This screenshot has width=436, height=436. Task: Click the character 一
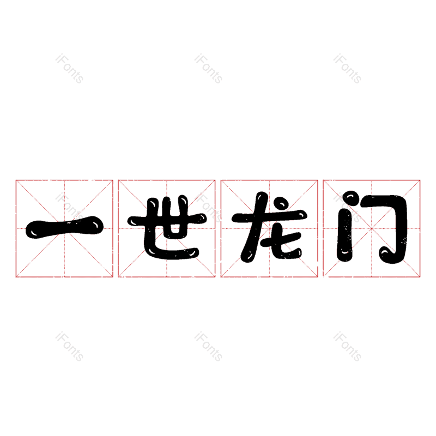[x=64, y=228]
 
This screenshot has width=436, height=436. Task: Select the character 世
[x=167, y=227]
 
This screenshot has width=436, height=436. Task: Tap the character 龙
[x=270, y=227]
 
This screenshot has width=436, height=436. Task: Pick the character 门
[x=372, y=227]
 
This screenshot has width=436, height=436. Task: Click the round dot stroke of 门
[x=351, y=198]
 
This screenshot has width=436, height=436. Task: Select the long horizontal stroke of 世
[x=167, y=220]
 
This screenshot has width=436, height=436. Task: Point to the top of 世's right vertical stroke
[x=183, y=198]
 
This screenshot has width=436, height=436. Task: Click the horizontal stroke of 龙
[x=270, y=216]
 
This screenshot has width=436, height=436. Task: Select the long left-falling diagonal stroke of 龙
[x=255, y=227]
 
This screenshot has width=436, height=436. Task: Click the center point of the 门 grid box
[x=372, y=228]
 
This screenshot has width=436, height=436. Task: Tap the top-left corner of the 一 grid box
[x=16, y=180]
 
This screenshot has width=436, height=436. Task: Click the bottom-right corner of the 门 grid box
[x=420, y=277]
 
